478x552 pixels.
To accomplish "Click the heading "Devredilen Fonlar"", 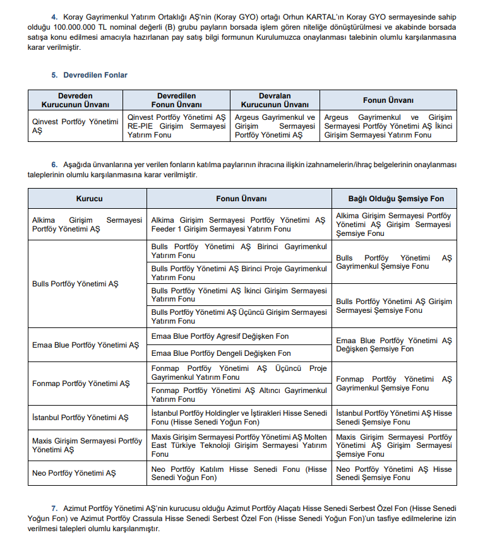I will (95, 75).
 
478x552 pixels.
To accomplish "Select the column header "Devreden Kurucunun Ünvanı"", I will (75, 100).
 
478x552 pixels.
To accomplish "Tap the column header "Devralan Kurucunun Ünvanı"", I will (275, 100).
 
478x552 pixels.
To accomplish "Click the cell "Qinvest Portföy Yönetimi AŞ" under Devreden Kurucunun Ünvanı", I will (75, 126).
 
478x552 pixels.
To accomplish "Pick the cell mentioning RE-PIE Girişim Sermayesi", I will (176, 126).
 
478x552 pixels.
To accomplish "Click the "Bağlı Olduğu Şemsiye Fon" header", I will (394, 198).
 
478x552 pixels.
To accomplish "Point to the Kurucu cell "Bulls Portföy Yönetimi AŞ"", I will (75, 284).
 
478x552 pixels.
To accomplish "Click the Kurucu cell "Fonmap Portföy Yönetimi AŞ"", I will (81, 384).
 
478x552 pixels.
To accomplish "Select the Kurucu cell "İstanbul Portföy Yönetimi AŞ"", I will (80, 418).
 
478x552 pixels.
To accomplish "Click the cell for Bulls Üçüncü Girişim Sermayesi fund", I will (239, 317).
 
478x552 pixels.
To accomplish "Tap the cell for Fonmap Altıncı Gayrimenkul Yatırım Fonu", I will (239, 395).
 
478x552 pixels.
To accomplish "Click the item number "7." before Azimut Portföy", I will (54, 508).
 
